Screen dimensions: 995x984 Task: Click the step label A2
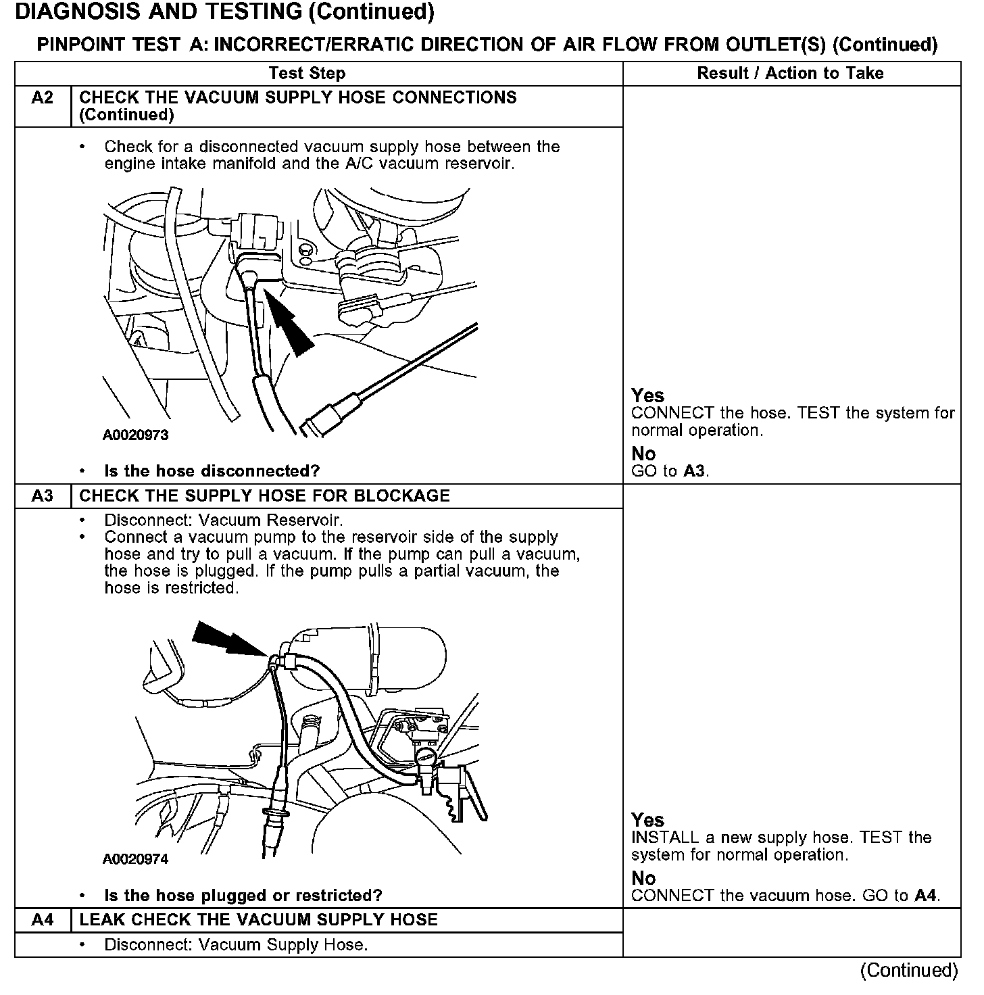(42, 98)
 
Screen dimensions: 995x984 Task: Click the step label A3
(42, 496)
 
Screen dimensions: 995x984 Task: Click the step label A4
(42, 920)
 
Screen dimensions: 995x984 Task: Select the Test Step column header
(307, 74)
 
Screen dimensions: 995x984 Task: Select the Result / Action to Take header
(790, 74)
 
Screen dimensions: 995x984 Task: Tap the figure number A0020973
(135, 435)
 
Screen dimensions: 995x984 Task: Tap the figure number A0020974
(135, 859)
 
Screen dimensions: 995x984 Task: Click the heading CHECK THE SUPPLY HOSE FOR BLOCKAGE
(264, 496)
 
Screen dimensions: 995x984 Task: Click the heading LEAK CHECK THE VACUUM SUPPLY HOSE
(258, 920)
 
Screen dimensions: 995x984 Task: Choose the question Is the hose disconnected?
(212, 471)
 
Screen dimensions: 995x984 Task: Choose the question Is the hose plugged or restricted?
(243, 896)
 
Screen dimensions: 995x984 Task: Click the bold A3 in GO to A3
(694, 471)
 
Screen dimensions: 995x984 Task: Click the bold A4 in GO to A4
(925, 896)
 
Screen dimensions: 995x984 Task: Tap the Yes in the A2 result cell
(647, 395)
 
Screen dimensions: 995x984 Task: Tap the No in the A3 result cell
(643, 878)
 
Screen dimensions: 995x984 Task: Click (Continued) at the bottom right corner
(908, 971)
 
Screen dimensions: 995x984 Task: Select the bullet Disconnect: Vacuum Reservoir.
(223, 520)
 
